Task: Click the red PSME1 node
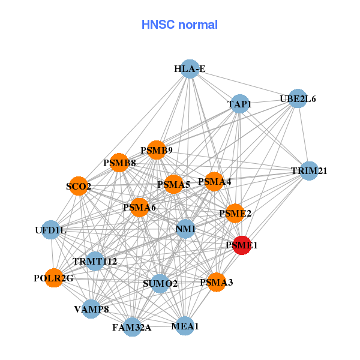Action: click(241, 245)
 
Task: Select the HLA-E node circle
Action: click(190, 69)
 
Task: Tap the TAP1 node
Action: click(239, 104)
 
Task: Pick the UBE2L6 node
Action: click(298, 98)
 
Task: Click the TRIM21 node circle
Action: click(309, 171)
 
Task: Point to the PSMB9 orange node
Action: click(157, 150)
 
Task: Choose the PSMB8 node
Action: click(119, 163)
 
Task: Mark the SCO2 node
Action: click(79, 187)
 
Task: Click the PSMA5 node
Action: click(173, 184)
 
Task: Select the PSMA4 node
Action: click(214, 181)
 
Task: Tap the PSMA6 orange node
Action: click(139, 208)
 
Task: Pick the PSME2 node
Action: click(235, 213)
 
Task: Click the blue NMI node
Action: click(185, 229)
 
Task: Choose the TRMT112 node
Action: click(95, 261)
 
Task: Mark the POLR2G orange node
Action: click(54, 278)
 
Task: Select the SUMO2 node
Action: click(160, 283)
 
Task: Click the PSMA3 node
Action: click(216, 281)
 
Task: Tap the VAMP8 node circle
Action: click(91, 309)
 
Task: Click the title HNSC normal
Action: click(179, 25)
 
